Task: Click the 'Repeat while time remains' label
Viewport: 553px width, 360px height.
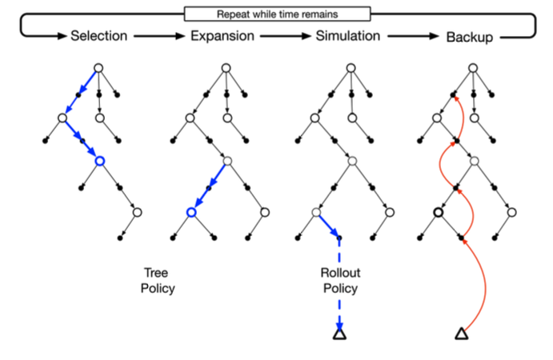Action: click(277, 14)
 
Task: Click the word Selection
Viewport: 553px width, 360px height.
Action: click(98, 36)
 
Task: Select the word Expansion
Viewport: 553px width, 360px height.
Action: click(222, 36)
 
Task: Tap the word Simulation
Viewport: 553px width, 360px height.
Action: click(348, 36)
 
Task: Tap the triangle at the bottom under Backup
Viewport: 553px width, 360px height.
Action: click(461, 334)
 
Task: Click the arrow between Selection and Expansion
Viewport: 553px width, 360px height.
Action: click(159, 36)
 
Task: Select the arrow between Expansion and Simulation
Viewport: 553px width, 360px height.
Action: click(286, 36)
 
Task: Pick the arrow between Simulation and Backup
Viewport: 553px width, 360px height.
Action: click(410, 36)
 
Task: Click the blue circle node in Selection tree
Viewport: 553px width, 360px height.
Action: click(99, 162)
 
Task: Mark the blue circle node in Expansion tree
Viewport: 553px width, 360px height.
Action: click(190, 212)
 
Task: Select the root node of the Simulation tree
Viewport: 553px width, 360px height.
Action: click(350, 68)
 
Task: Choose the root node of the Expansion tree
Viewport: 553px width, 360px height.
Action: click(226, 68)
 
